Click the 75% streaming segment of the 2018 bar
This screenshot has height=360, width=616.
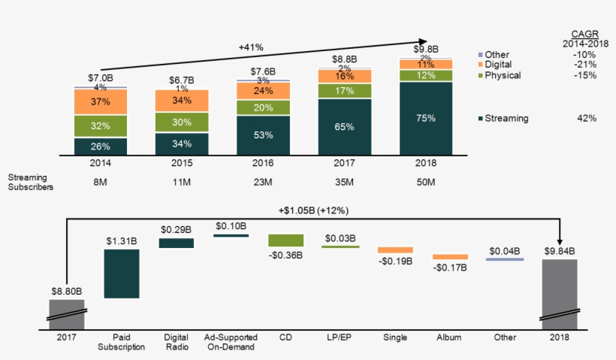click(x=426, y=117)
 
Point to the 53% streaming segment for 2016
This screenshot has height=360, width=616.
click(x=263, y=135)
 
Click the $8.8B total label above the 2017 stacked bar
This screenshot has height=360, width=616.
click(x=345, y=59)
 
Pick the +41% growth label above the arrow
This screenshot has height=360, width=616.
click(x=250, y=47)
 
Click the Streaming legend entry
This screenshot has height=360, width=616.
click(x=507, y=118)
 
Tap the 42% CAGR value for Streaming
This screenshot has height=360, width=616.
click(x=587, y=118)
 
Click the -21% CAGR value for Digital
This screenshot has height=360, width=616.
click(x=584, y=65)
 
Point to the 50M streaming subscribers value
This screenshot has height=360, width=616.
click(x=426, y=182)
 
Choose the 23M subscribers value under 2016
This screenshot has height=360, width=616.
click(x=263, y=182)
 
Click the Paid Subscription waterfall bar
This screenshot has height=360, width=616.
click(x=122, y=273)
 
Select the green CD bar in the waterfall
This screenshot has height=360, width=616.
click(x=285, y=240)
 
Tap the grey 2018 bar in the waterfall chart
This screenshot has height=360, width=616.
click(x=560, y=293)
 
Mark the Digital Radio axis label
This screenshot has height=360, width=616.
click(x=176, y=342)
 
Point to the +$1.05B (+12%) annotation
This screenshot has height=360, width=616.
click(x=313, y=210)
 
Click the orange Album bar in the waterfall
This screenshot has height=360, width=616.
click(x=450, y=256)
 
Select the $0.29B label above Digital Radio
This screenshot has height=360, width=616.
click(x=176, y=228)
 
